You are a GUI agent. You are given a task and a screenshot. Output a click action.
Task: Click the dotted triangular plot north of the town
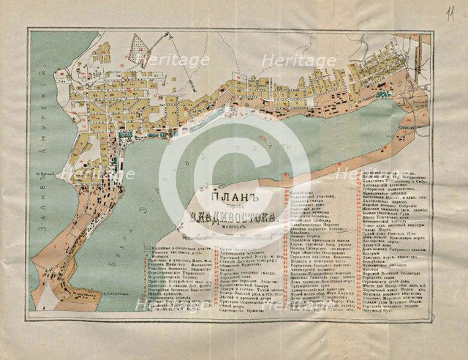pos(150,52)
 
